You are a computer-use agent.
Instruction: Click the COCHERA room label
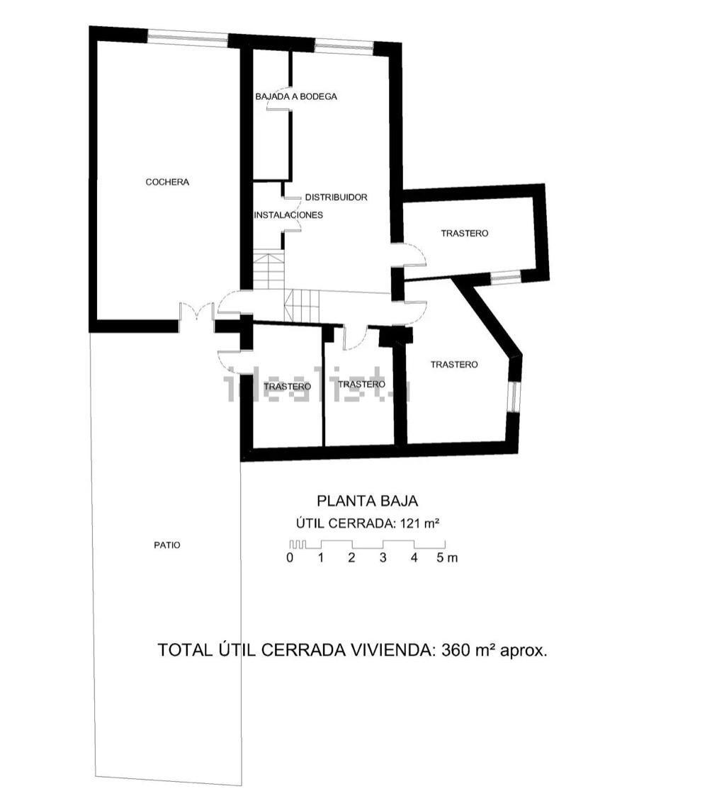[167, 182]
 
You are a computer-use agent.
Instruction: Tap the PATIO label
[167, 545]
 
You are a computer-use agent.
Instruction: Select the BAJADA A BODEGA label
[295, 96]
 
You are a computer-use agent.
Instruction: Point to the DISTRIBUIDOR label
[336, 197]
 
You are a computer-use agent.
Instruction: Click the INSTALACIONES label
[288, 215]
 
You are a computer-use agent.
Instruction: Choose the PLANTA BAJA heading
[367, 501]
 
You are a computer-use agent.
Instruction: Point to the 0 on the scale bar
[290, 557]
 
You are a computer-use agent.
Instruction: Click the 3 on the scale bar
[383, 557]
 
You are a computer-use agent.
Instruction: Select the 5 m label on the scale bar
[447, 557]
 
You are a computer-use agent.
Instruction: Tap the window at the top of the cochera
[188, 38]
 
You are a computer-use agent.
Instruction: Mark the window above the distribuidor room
[344, 47]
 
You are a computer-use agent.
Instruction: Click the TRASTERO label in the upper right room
[465, 233]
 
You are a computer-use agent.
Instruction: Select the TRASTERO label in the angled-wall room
[454, 365]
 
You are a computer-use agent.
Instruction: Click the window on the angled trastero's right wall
[514, 397]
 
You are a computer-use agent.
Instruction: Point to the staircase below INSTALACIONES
[268, 271]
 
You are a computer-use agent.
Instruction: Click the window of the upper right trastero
[506, 277]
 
